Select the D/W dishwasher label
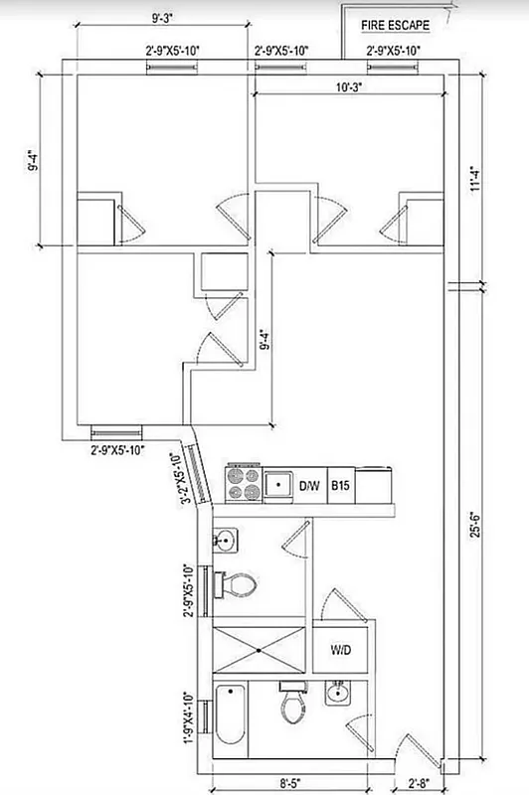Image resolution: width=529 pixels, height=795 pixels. pos(309,486)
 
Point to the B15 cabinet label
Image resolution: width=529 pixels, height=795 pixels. pos(340,486)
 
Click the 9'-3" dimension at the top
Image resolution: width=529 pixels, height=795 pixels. pos(164,17)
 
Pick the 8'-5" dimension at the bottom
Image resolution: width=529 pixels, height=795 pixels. pos(289,782)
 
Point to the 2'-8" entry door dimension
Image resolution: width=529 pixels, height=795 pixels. pos(409,782)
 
